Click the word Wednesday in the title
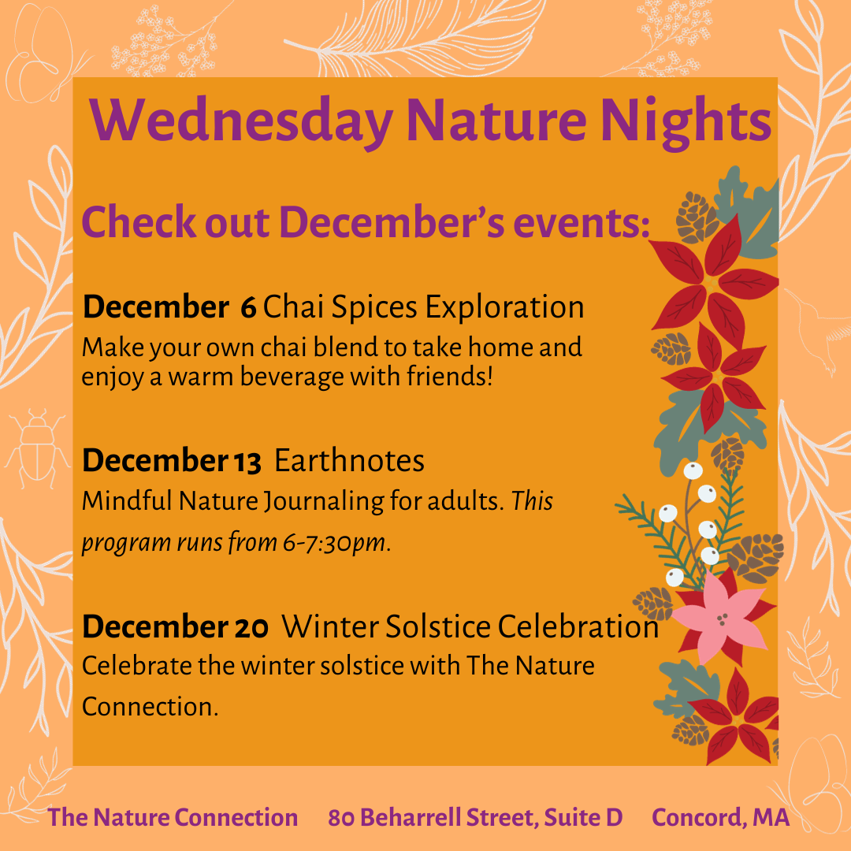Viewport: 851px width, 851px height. tap(242, 121)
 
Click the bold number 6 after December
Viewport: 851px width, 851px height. tap(248, 307)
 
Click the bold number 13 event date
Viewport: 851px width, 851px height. tap(248, 461)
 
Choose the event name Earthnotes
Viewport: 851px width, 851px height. tap(350, 460)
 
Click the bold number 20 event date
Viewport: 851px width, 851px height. tap(251, 627)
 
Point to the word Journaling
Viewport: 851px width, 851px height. tap(325, 501)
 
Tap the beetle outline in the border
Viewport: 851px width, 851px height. tap(37, 448)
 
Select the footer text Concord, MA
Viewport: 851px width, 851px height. tap(720, 817)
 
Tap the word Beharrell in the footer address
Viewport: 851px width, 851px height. tap(410, 817)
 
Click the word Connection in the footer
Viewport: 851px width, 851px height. tap(236, 817)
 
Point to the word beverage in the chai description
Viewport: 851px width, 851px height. tap(292, 377)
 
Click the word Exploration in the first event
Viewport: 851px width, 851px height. tap(505, 308)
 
